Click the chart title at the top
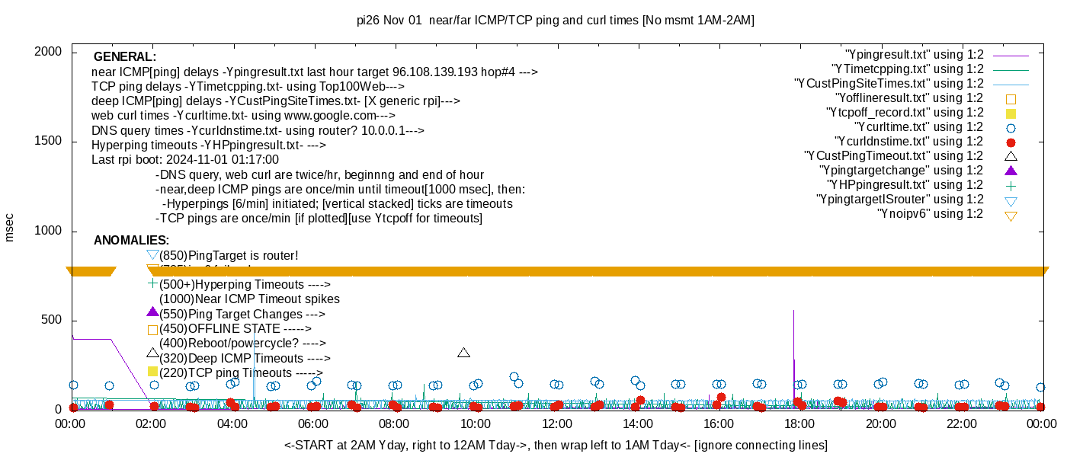(x=555, y=21)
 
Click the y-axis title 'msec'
(x=10, y=226)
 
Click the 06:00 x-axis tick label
(x=313, y=423)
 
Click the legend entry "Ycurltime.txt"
(x=919, y=127)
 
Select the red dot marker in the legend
(x=1011, y=142)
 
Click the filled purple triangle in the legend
(x=1011, y=171)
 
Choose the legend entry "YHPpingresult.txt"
(x=905, y=185)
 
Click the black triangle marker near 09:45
(x=463, y=353)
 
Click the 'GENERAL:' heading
(x=124, y=57)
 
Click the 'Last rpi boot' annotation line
(x=185, y=160)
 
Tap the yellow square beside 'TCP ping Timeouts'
(x=152, y=372)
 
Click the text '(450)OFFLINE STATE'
(x=235, y=329)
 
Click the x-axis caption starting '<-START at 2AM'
(x=556, y=445)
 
